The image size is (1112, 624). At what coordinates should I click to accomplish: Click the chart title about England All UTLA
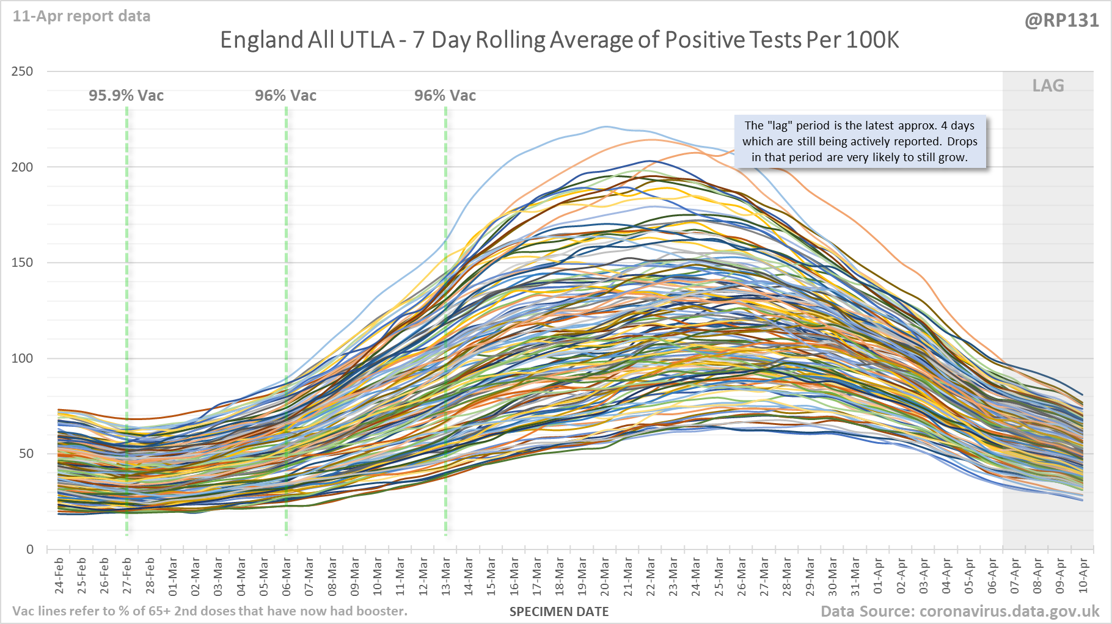click(559, 40)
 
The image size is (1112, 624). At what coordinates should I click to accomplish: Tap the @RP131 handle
click(1061, 21)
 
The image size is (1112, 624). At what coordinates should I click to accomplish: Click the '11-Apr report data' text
click(81, 16)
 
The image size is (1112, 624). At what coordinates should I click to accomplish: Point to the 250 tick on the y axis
click(23, 71)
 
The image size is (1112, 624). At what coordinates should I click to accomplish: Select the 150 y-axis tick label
click(23, 263)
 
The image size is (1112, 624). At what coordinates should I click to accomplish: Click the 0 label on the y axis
click(30, 550)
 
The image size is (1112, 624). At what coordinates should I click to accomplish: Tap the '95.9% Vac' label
click(126, 96)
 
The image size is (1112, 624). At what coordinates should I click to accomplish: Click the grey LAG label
click(1048, 86)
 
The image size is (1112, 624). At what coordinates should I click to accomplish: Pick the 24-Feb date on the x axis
click(59, 575)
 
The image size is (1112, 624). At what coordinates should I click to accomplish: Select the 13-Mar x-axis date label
click(446, 575)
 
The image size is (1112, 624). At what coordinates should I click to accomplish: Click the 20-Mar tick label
click(605, 575)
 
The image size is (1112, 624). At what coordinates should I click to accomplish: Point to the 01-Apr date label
click(878, 575)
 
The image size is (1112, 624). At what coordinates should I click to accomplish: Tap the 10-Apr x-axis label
click(1083, 575)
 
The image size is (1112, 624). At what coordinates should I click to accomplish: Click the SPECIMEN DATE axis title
click(559, 612)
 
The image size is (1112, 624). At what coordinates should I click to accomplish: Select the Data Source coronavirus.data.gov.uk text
click(959, 611)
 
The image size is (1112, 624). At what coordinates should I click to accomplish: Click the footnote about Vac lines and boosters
click(210, 611)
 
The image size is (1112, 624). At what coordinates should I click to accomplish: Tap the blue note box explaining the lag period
click(860, 142)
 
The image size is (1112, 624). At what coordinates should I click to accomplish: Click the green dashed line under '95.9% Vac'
click(127, 317)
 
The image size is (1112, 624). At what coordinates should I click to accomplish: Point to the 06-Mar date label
click(287, 575)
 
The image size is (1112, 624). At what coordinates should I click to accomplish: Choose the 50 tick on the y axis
click(26, 454)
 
